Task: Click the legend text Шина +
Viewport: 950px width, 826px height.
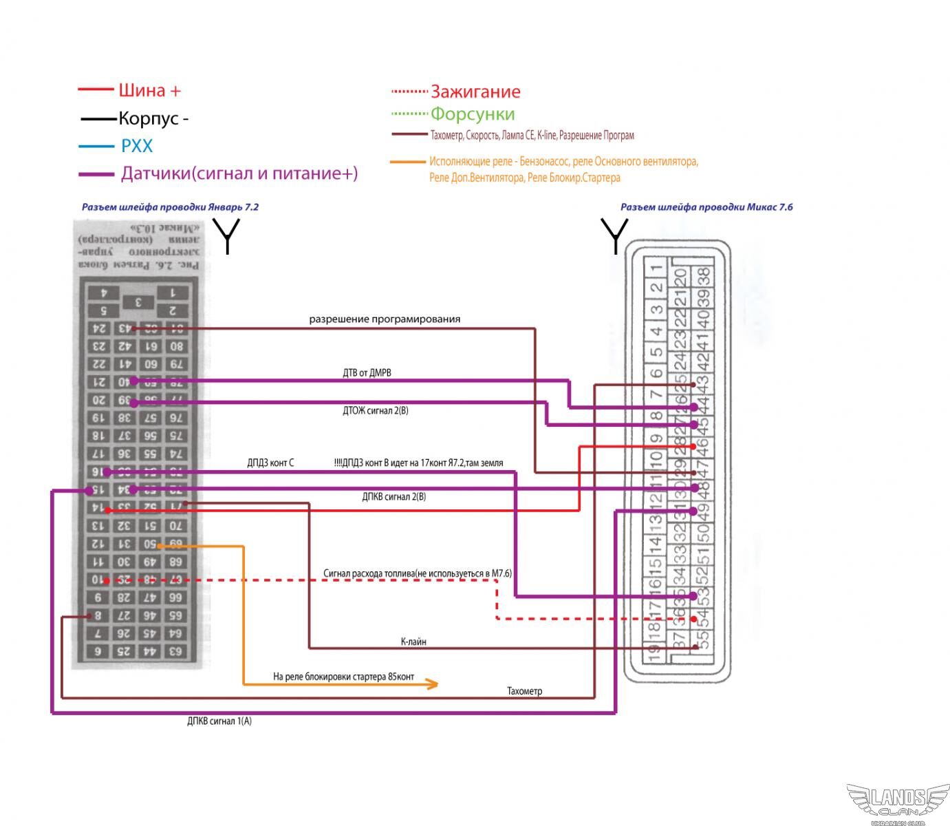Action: tap(149, 90)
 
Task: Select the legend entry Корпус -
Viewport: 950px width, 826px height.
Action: tap(153, 118)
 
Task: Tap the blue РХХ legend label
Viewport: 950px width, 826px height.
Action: tap(137, 146)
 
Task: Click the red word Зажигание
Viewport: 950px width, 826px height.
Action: tap(475, 92)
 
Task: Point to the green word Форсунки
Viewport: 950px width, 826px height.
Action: tap(473, 114)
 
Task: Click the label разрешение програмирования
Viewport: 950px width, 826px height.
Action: tap(385, 319)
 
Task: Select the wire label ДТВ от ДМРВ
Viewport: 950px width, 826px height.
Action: tap(367, 373)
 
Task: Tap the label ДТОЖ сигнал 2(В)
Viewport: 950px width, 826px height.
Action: tap(376, 411)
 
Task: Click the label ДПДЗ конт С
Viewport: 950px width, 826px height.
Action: tap(270, 463)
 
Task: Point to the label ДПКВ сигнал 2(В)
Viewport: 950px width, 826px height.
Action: tap(393, 497)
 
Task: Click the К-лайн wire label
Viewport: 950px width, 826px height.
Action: tap(413, 642)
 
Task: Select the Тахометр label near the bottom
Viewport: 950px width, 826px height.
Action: tap(524, 691)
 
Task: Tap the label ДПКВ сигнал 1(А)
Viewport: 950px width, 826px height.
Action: tap(219, 721)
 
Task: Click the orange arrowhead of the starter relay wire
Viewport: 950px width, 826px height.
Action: tap(431, 684)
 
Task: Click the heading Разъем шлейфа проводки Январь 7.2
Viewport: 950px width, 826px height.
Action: tap(170, 207)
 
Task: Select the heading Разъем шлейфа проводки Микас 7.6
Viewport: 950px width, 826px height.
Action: tap(706, 207)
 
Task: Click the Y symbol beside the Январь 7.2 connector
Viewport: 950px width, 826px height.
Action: tap(226, 235)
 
